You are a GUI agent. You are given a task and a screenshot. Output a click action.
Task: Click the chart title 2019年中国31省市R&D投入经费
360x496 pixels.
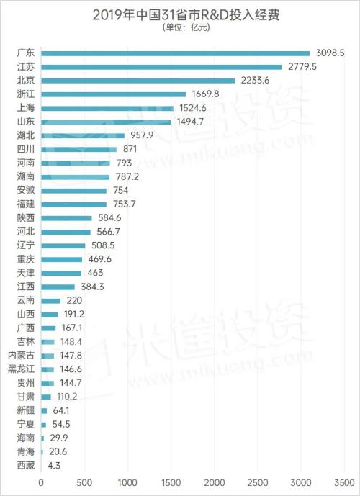180,14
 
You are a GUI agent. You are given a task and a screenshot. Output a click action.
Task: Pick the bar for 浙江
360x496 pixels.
114,94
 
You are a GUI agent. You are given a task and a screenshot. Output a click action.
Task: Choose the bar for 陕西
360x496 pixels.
67,217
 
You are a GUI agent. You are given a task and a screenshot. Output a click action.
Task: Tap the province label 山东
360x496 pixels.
25,122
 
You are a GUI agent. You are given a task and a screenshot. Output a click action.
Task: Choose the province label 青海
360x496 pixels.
25,452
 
